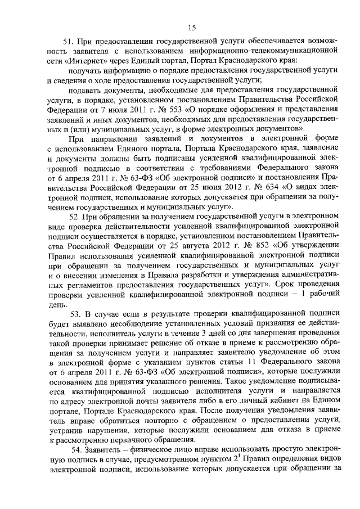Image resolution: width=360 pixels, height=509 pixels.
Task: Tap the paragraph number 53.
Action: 76,313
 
